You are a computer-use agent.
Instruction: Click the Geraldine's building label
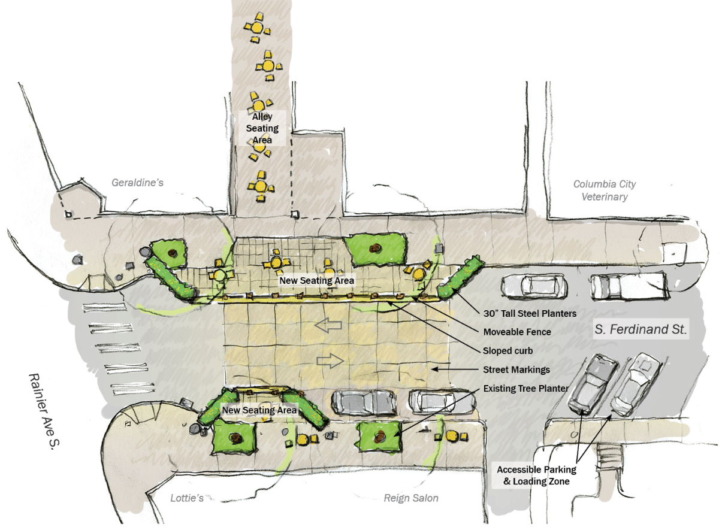(x=138, y=183)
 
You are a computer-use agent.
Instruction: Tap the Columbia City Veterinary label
(x=605, y=190)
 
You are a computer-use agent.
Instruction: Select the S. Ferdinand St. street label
(x=641, y=329)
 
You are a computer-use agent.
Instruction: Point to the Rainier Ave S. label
(x=44, y=411)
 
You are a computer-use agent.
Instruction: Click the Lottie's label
(x=187, y=498)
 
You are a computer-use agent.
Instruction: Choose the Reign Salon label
(x=411, y=498)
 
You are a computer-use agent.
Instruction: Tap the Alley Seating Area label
(x=262, y=128)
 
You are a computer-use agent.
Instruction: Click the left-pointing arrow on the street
(x=328, y=325)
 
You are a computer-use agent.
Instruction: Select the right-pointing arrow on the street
(x=330, y=361)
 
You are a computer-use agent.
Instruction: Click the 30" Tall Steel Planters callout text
(x=530, y=313)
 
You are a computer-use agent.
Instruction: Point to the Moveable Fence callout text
(x=517, y=332)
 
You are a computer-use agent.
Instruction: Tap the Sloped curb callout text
(x=507, y=350)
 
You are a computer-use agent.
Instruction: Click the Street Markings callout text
(x=516, y=370)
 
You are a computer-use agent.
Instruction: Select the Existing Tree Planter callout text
(x=525, y=389)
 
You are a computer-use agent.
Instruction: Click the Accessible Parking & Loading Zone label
(x=537, y=476)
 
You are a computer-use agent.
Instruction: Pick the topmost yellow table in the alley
(x=257, y=28)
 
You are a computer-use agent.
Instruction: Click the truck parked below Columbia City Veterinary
(x=629, y=286)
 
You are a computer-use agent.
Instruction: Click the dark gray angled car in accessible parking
(x=593, y=384)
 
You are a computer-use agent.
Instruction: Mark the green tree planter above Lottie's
(x=234, y=438)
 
